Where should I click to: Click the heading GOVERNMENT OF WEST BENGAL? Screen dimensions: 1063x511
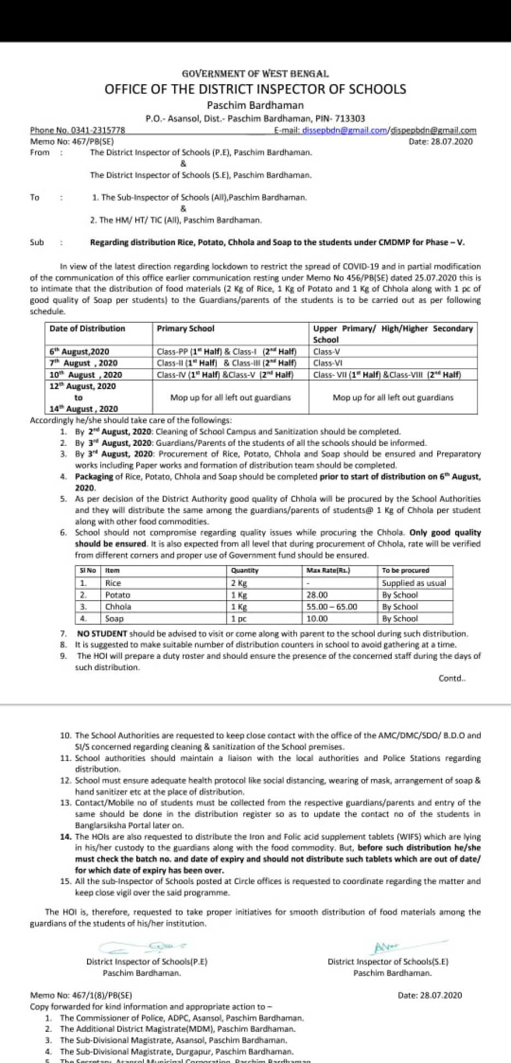tap(255, 73)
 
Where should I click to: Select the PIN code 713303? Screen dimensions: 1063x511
tap(350, 118)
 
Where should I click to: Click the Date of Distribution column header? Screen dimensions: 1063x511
tap(87, 328)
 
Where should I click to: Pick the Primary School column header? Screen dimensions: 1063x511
tap(185, 328)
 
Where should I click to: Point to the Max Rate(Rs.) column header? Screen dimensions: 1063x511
tap(328, 571)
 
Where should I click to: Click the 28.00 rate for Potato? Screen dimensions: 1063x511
tap(317, 595)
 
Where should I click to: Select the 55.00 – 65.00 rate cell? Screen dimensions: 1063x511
tap(332, 607)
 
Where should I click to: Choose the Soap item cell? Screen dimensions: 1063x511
tap(114, 619)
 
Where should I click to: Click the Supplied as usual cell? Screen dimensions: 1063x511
tap(414, 583)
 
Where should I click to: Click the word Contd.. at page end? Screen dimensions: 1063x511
tap(452, 678)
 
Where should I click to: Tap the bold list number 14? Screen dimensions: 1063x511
tap(66, 837)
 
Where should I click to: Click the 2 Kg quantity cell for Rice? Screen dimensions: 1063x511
tap(239, 583)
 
